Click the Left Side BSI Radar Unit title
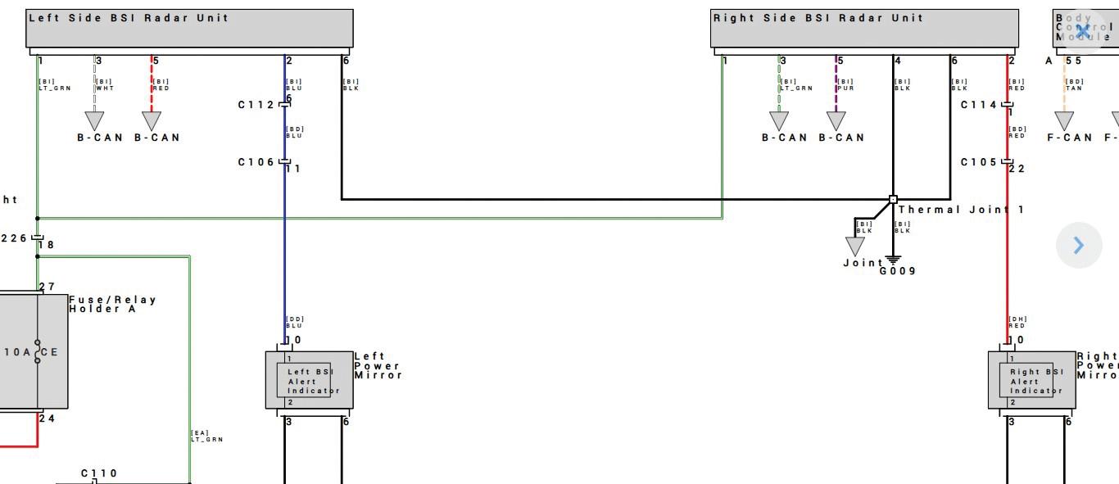[129, 18]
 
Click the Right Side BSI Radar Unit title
[818, 18]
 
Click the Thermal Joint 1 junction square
[893, 199]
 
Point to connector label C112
[256, 105]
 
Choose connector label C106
[256, 162]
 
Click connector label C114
[978, 105]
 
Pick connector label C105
[978, 162]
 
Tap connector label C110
[99, 473]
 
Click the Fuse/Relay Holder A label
[112, 304]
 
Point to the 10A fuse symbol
[37, 352]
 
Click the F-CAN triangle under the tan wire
[1064, 120]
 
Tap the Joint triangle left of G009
[854, 246]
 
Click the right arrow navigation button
[1079, 245]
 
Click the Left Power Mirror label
[378, 366]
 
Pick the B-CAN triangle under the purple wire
[836, 120]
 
